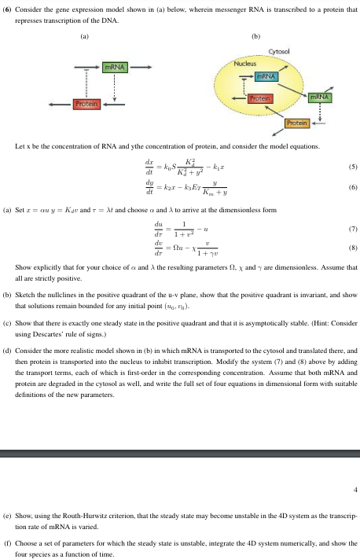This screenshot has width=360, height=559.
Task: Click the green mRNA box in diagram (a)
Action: click(x=116, y=70)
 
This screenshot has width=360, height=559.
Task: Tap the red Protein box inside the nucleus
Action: click(x=259, y=98)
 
